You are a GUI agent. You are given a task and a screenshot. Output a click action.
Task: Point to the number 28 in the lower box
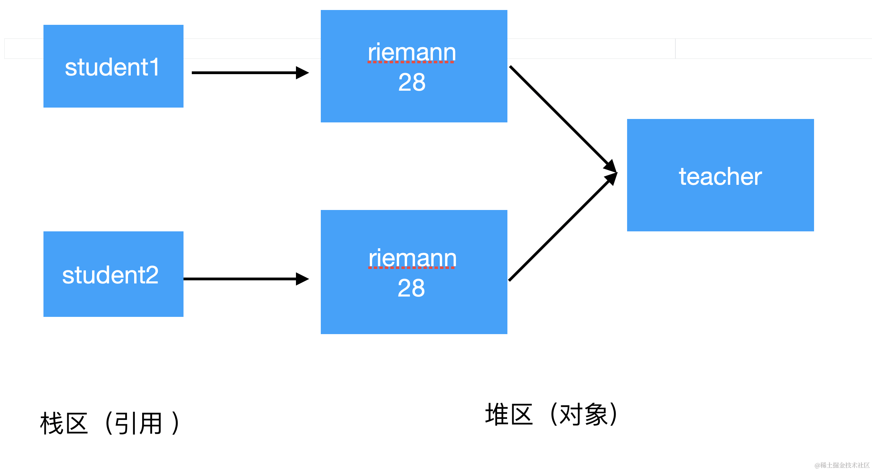[x=411, y=288]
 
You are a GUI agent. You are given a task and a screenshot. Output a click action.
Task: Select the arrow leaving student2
[x=241, y=279]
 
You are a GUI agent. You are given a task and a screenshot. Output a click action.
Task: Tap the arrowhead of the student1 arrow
[x=302, y=73]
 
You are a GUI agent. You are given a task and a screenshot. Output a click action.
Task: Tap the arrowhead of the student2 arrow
[x=302, y=279]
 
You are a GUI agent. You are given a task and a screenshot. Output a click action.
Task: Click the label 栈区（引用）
[x=110, y=423]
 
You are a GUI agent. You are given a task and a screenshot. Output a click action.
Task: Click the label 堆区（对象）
[x=551, y=414]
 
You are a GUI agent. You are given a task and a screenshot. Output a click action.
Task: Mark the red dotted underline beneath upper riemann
[x=410, y=62]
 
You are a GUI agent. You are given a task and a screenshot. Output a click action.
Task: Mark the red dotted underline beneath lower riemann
[x=411, y=268]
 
